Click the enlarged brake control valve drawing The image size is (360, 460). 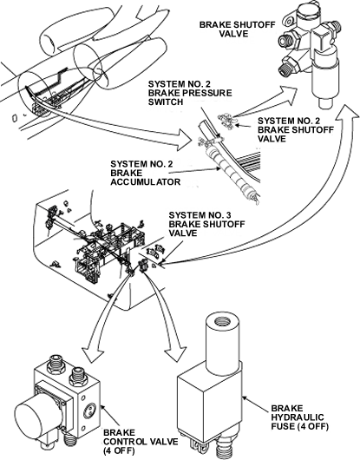coord(61,400)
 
